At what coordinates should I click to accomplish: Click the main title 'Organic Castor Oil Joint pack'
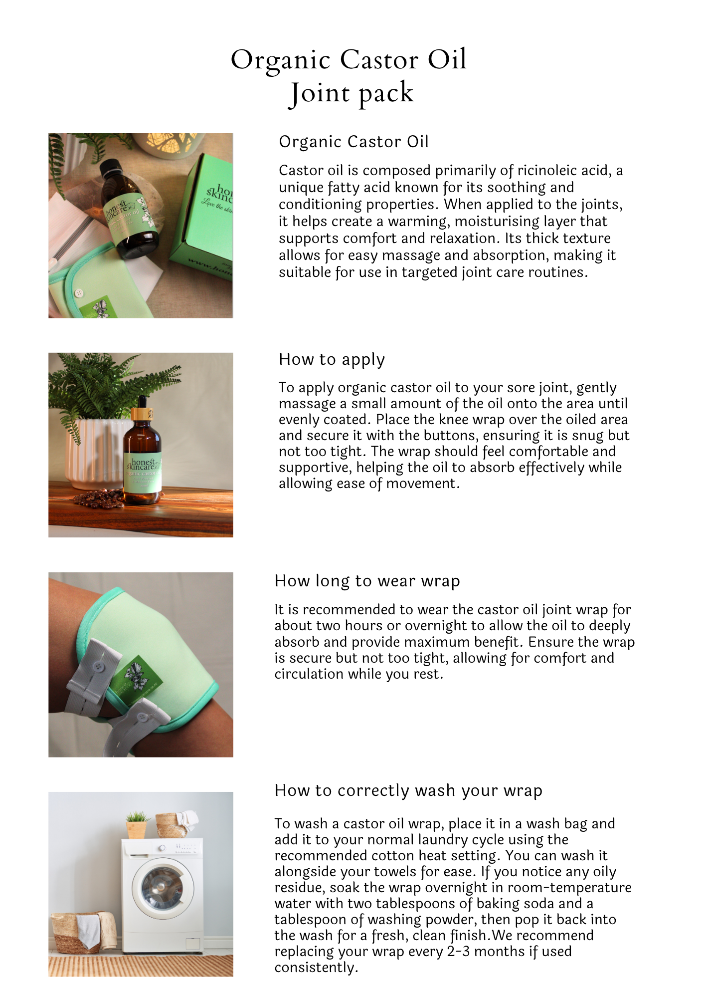pos(349,76)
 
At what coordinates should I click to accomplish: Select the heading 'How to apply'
pos(332,359)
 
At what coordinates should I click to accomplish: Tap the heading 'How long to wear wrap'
pos(367,581)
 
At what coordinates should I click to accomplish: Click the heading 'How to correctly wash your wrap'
pos(408,790)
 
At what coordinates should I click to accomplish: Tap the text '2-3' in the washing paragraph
pos(458,951)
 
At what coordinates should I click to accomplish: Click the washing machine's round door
pos(163,888)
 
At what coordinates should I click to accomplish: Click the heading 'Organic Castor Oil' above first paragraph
pos(353,142)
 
